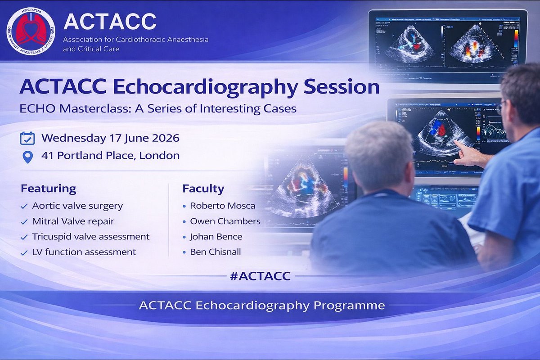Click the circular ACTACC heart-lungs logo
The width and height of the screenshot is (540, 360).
[x=31, y=31]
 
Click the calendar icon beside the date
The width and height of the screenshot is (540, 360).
[x=27, y=138]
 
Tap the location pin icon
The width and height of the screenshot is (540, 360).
[x=27, y=157]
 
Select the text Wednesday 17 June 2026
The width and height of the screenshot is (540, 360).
[x=110, y=138]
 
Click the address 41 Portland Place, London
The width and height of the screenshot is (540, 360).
[x=110, y=156]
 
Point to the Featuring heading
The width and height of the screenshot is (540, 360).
[x=49, y=189]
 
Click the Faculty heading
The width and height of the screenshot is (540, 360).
[x=203, y=189]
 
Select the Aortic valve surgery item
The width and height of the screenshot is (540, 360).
[x=77, y=206]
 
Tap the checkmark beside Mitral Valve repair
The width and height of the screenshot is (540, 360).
[x=24, y=222]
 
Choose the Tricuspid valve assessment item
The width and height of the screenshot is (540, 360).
[x=91, y=237]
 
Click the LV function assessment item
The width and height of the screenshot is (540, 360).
[x=84, y=252]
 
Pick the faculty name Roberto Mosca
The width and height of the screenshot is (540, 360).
[x=222, y=206]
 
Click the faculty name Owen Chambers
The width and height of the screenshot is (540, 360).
[x=225, y=221]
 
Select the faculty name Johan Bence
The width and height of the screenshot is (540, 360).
[x=216, y=237]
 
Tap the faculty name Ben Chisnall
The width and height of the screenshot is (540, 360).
[x=215, y=252]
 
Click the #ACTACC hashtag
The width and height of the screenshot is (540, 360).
[x=260, y=276]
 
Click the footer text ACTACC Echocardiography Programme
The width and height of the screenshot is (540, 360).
[x=262, y=306]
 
